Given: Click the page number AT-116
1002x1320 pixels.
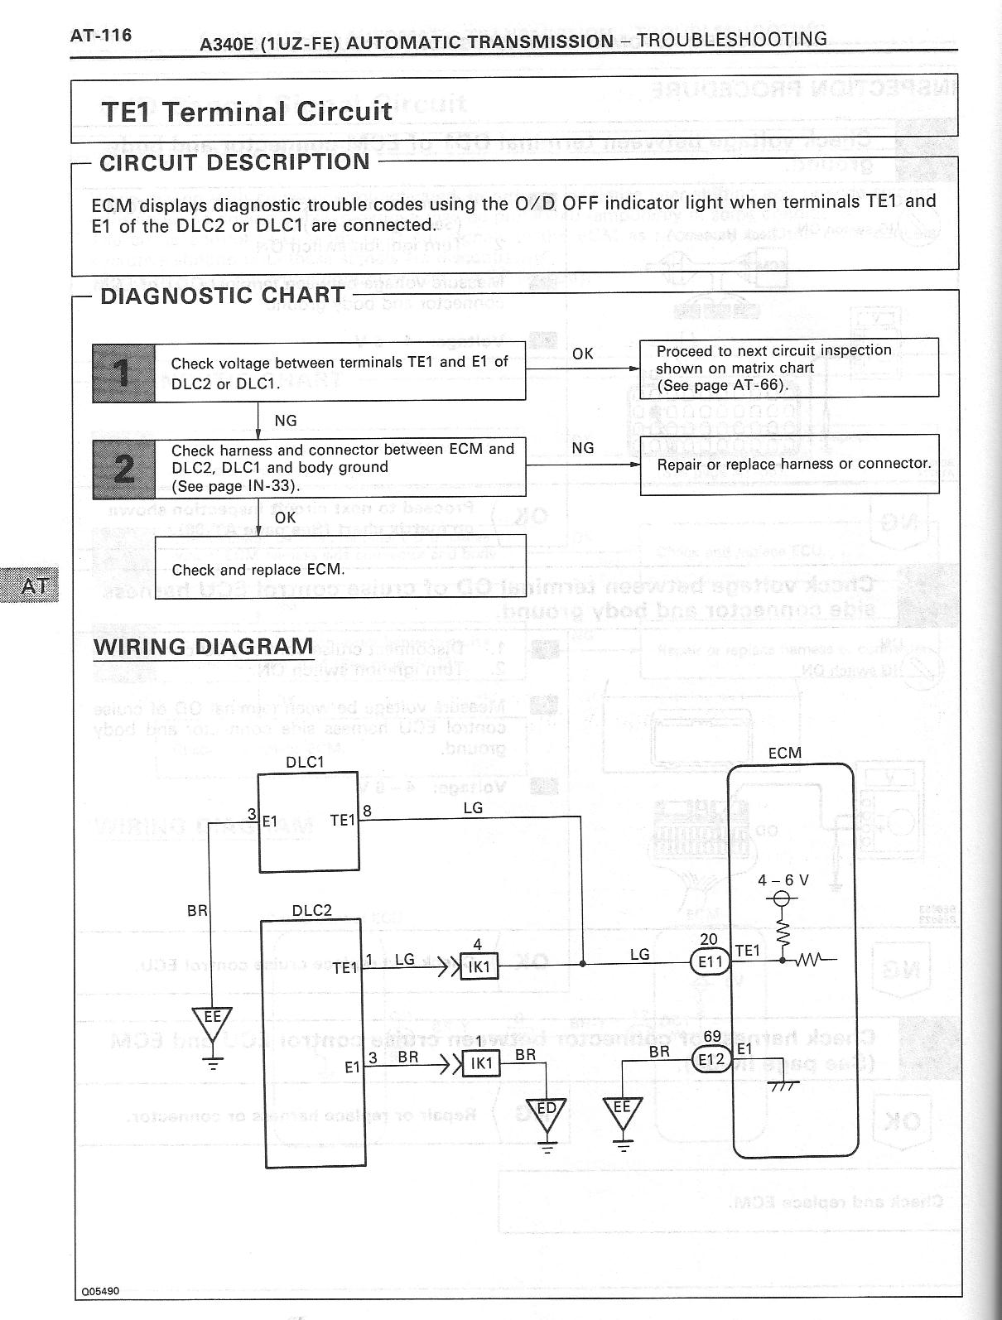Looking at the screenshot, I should [100, 35].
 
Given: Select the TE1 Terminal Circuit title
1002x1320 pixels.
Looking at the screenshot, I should [246, 111].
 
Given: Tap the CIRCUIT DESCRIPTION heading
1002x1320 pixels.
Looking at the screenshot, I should [234, 162].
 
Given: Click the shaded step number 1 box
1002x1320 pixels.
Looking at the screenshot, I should [123, 373].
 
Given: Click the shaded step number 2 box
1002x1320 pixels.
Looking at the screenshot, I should [123, 468].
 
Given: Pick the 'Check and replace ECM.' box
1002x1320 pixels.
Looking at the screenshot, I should [340, 568].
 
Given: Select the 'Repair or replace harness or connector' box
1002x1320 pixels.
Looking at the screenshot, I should [789, 465].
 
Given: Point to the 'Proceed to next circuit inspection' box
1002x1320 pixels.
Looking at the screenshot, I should [789, 368].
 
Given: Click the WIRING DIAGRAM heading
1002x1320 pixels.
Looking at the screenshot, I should [204, 647].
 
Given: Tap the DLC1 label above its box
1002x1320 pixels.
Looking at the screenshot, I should [305, 762].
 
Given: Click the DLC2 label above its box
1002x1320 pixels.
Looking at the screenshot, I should [311, 910].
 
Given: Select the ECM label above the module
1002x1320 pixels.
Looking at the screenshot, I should [784, 753].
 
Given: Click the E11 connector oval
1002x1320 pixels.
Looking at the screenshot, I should [711, 962].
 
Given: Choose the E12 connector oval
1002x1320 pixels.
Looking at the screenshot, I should [711, 1059].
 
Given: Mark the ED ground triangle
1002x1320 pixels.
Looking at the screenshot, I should [547, 1112].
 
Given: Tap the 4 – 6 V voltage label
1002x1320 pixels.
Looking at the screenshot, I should [783, 881].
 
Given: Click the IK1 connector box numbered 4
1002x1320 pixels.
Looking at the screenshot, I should [479, 966].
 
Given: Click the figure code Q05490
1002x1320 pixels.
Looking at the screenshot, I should [100, 1291].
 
